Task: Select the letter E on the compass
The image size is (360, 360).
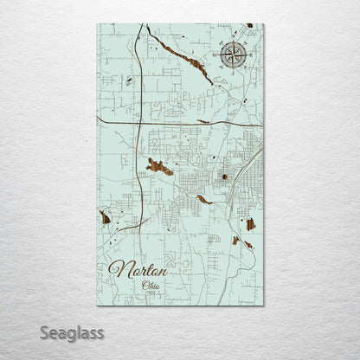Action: [250, 56]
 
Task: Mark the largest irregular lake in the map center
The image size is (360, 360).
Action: [157, 166]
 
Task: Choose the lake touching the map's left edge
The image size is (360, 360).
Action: [105, 217]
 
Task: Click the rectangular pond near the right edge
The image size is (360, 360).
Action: [251, 224]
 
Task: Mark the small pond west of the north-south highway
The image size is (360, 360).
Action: [128, 81]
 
